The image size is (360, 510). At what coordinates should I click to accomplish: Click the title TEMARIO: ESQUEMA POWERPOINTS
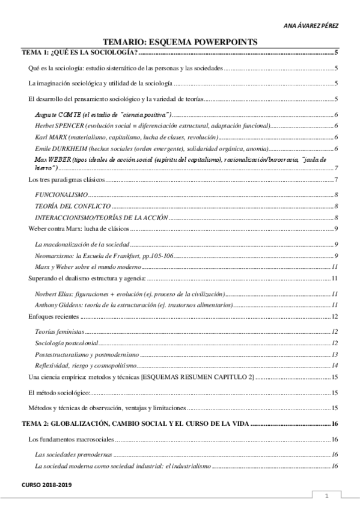pyautogui.click(x=180, y=41)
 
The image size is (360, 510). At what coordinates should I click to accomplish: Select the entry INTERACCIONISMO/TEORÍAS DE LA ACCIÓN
pyautogui.click(x=101, y=217)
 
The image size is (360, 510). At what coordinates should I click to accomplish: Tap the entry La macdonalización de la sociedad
pyautogui.click(x=82, y=244)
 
